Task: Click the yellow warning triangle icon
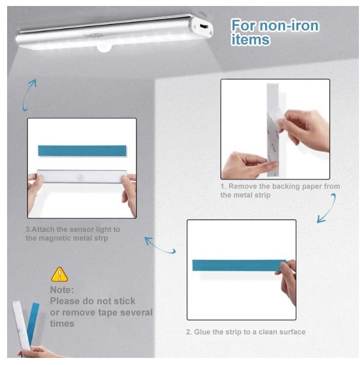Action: tap(59, 274)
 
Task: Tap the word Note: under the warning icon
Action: tap(62, 290)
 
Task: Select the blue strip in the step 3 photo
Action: tap(81, 151)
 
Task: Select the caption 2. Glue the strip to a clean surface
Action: tap(245, 332)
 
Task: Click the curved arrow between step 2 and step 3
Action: tap(160, 245)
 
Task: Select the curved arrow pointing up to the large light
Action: tap(29, 94)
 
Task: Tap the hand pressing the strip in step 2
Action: tap(287, 279)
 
